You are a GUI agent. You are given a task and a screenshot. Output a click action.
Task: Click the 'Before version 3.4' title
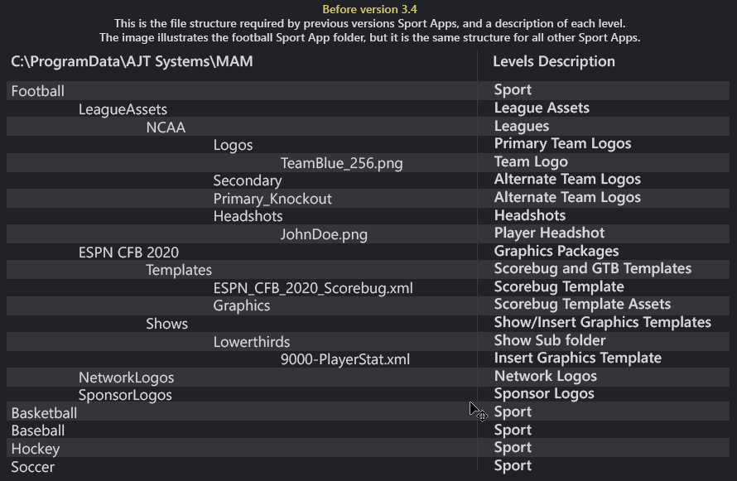(369, 9)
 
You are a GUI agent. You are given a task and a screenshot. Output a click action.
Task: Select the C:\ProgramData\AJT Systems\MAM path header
(132, 61)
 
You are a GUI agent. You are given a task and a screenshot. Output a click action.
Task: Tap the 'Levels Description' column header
(553, 61)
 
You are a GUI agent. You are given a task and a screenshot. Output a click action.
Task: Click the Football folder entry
(37, 91)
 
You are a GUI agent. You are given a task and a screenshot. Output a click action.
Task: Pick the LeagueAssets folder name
(123, 109)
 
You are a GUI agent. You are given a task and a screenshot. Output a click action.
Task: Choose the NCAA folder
(166, 127)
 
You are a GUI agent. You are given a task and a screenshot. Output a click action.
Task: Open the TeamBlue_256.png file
(341, 163)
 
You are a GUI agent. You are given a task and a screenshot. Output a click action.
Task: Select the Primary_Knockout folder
(272, 199)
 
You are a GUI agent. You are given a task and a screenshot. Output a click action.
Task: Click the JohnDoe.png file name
(324, 234)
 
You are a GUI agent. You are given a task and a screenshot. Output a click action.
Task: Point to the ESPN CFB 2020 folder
(128, 253)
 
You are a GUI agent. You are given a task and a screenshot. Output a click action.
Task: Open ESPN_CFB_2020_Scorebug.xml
(313, 288)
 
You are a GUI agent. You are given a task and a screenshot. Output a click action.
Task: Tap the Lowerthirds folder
(252, 342)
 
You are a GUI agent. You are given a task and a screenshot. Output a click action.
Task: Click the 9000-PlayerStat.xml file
(345, 359)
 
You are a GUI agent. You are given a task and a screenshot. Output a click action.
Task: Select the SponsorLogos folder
(125, 395)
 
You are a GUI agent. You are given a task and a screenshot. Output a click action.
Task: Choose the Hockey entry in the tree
(35, 449)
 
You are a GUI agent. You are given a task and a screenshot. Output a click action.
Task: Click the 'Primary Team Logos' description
(562, 143)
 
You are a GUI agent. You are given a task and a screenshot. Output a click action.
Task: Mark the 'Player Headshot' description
(549, 233)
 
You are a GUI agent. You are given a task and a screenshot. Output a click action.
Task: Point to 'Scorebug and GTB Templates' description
(592, 268)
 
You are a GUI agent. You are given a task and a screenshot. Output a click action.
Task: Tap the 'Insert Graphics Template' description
(577, 358)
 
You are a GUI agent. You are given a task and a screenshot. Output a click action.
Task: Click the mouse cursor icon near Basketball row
(477, 411)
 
